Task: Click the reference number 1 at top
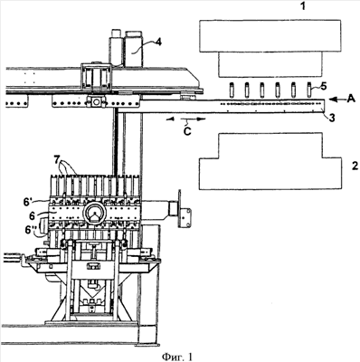pyautogui.click(x=303, y=6)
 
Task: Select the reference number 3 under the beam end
pyautogui.click(x=331, y=118)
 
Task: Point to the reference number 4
pyautogui.click(x=158, y=42)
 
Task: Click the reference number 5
pyautogui.click(x=323, y=87)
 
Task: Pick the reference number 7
pyautogui.click(x=58, y=160)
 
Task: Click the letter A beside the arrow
pyautogui.click(x=351, y=99)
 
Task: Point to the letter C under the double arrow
pyautogui.click(x=187, y=131)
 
